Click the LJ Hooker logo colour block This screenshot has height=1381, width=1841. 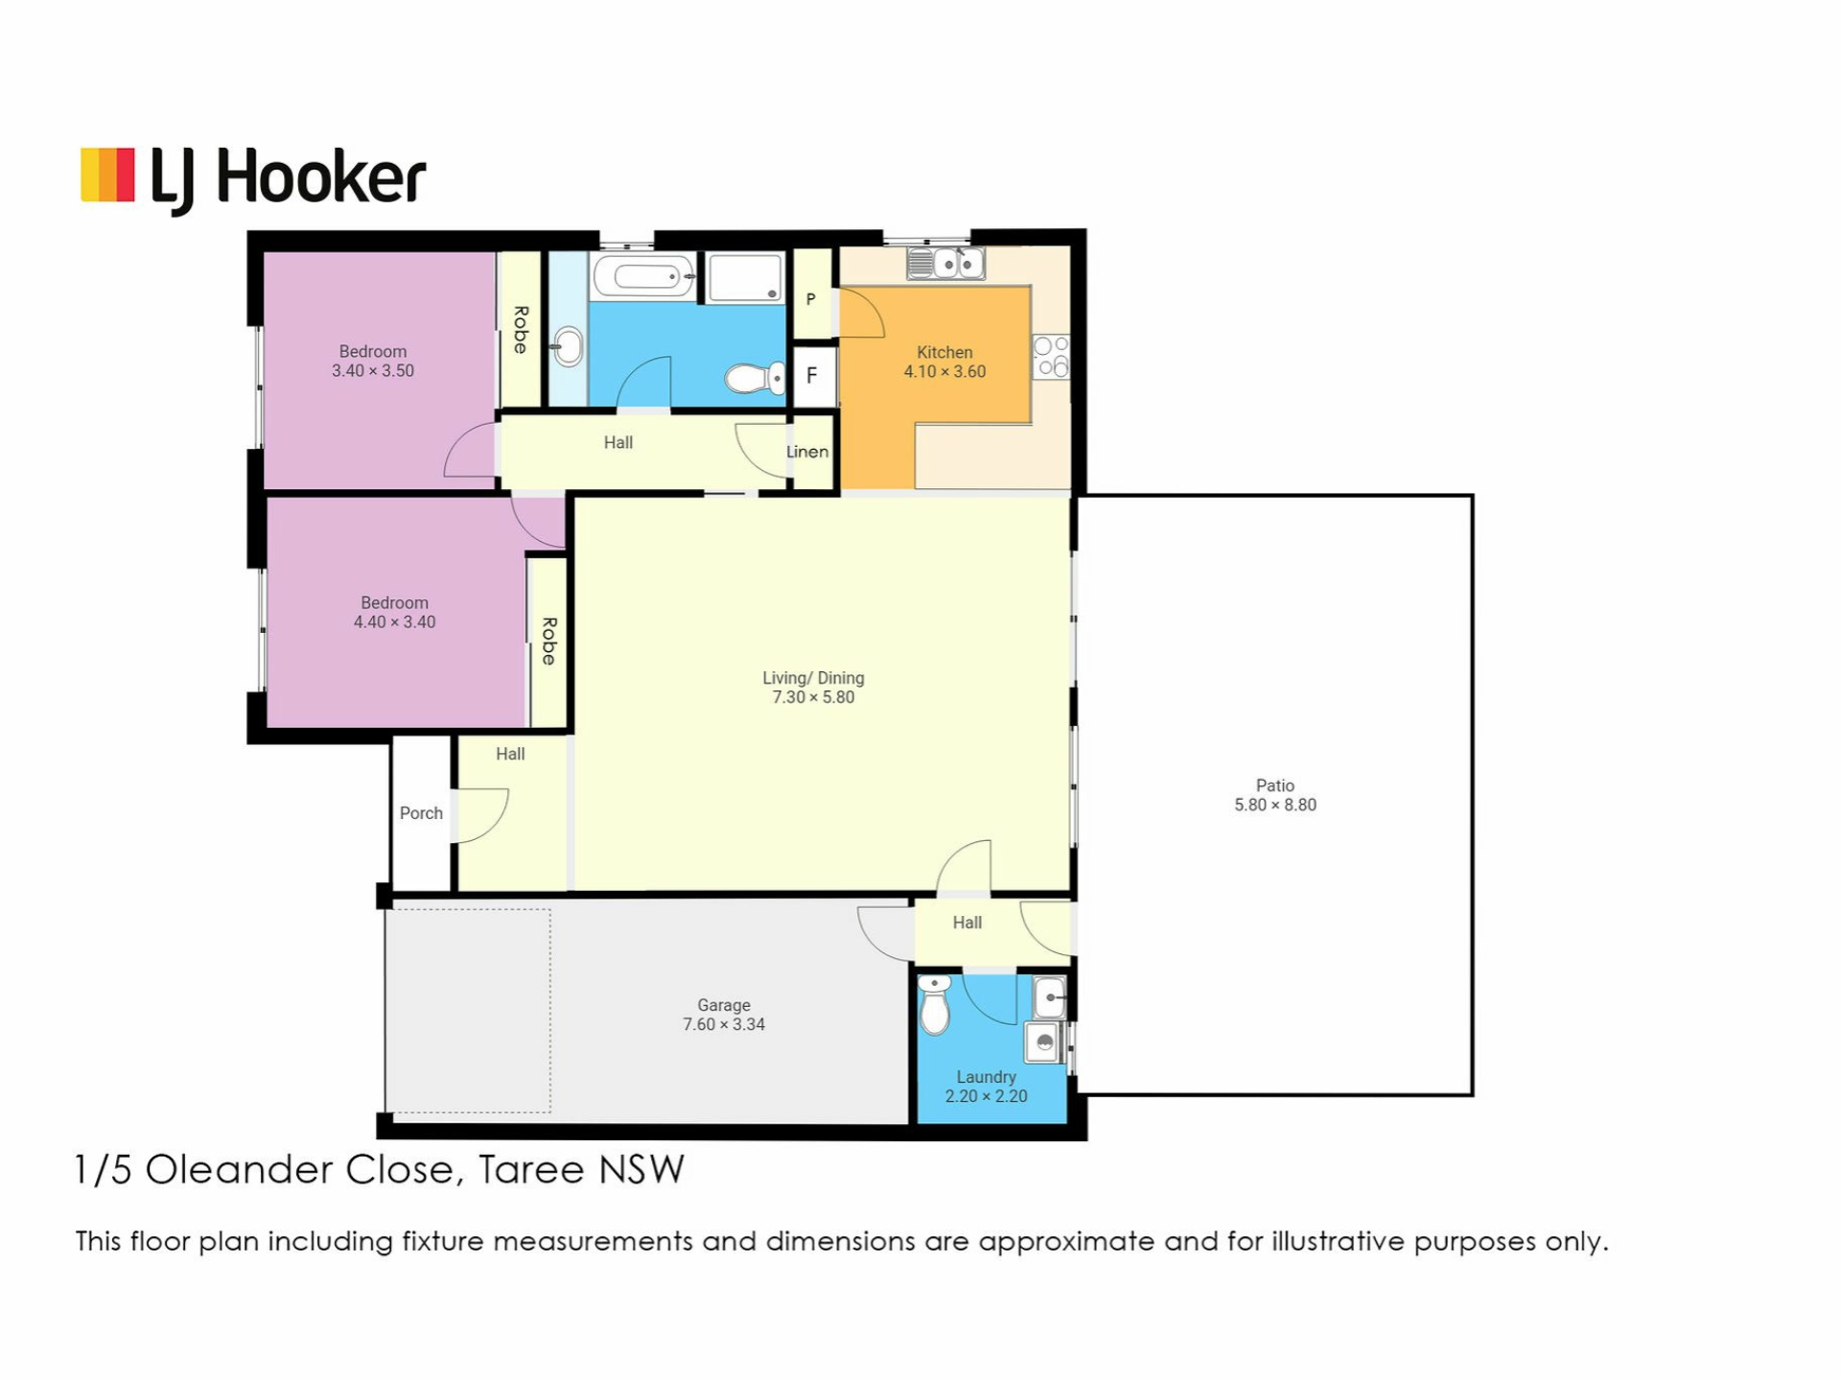click(x=107, y=175)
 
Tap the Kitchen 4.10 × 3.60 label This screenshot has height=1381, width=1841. click(x=944, y=363)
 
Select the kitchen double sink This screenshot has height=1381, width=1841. click(x=945, y=263)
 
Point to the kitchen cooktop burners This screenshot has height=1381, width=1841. click(x=1052, y=357)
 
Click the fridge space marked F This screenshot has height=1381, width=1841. click(x=812, y=375)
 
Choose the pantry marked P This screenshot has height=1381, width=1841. click(x=811, y=299)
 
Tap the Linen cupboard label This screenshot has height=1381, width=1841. click(x=807, y=452)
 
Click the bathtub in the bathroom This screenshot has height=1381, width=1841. click(x=643, y=277)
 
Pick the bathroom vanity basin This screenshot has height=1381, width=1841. click(x=568, y=346)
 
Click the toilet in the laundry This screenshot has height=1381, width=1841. click(x=934, y=1004)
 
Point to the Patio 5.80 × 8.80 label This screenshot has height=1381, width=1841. click(x=1275, y=796)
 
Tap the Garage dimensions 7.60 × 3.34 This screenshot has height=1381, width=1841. click(x=724, y=1025)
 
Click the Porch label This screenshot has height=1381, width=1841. click(x=421, y=813)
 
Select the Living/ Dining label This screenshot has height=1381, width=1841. click(x=813, y=678)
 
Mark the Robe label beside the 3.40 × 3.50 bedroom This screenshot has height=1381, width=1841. click(x=521, y=330)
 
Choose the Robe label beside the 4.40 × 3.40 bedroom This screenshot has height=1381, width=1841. click(x=548, y=642)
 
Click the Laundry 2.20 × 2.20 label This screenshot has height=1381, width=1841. click(x=986, y=1087)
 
